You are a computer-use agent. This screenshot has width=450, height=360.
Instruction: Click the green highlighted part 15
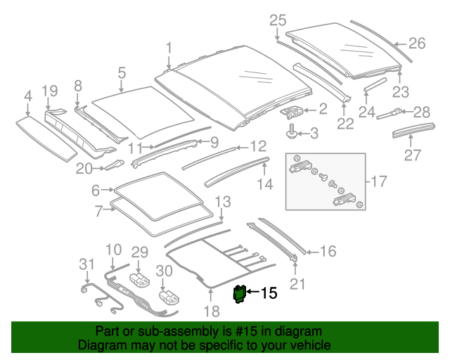pos(239,293)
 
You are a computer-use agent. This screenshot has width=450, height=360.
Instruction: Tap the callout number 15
pos(269,293)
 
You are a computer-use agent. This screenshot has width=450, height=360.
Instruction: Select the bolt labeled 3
pos(290,131)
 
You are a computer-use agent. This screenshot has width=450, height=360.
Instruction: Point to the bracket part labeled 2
pos(295,110)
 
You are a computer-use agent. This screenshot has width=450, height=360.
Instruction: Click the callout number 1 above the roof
pos(169,48)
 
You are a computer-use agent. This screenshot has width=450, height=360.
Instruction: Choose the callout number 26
pos(417,44)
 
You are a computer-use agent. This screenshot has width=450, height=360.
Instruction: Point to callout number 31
pos(86,264)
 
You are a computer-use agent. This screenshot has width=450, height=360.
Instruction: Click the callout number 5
pos(122,72)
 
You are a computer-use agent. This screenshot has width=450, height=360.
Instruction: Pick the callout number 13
pos(222,202)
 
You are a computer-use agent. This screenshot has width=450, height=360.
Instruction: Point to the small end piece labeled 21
pos(294,259)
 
